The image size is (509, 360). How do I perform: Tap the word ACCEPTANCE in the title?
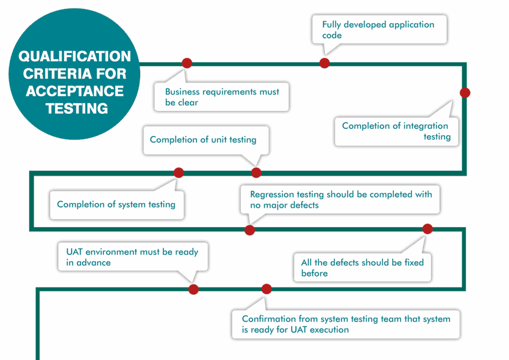(75, 91)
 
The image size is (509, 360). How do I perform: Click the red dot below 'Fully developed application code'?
(325, 63)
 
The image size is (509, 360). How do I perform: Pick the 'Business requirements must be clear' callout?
(222, 97)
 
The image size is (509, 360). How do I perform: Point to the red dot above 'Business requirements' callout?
(187, 63)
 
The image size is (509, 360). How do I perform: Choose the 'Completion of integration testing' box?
(396, 131)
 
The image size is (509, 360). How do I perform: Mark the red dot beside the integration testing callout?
(465, 92)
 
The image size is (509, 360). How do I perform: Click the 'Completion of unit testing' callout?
(206, 140)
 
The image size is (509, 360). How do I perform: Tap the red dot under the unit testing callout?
(256, 173)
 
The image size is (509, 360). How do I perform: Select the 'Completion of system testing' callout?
(116, 204)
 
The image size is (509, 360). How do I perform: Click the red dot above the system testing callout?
(179, 173)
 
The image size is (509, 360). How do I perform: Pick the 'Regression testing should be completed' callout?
(340, 199)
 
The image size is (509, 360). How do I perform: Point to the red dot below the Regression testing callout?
(250, 230)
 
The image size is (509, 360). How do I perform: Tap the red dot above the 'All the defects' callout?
(427, 229)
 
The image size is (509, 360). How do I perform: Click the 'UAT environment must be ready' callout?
(133, 257)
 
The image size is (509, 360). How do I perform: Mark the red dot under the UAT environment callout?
(193, 289)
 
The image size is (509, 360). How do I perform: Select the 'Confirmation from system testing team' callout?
(345, 324)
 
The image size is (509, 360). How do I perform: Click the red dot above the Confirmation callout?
(266, 289)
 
